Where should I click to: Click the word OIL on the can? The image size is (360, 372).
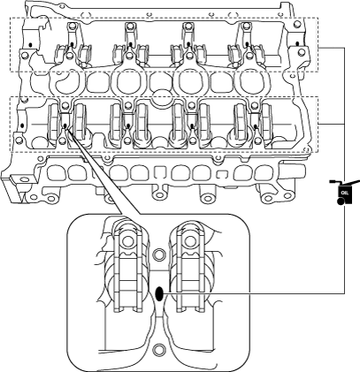tap(345, 193)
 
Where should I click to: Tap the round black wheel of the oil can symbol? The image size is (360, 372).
tap(341, 201)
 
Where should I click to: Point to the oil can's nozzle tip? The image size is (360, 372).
tap(332, 182)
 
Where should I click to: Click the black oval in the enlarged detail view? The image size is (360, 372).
tap(159, 293)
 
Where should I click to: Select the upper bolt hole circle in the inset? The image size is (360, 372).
tap(159, 254)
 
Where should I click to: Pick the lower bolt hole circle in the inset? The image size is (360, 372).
tap(159, 350)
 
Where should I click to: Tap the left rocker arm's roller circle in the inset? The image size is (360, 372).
tap(127, 241)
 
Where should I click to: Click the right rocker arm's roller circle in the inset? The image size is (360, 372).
tap(188, 241)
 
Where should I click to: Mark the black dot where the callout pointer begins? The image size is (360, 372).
tap(65, 126)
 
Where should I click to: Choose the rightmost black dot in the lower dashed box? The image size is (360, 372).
tap(256, 126)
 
